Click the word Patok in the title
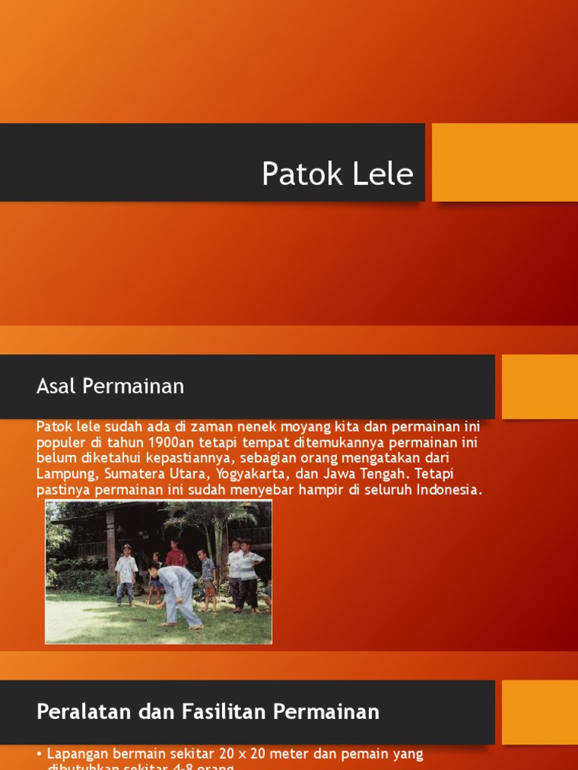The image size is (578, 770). pos(295,174)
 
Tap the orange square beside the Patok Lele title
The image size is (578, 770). pos(504,162)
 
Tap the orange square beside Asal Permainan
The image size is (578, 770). pos(540,387)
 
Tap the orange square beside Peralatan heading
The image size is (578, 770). pos(540,712)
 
